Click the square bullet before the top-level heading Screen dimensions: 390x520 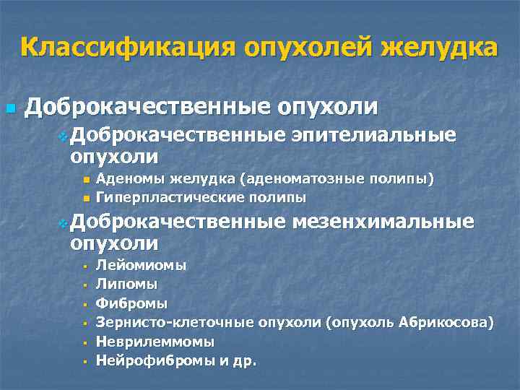click(9, 109)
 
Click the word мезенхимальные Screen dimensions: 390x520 click(385, 222)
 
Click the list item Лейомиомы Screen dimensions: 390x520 click(141, 265)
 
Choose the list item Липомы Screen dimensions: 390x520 click(126, 284)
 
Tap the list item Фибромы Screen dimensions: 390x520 click(131, 303)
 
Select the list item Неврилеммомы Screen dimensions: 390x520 click(155, 340)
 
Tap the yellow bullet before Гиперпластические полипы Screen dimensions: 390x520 click(86, 197)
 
